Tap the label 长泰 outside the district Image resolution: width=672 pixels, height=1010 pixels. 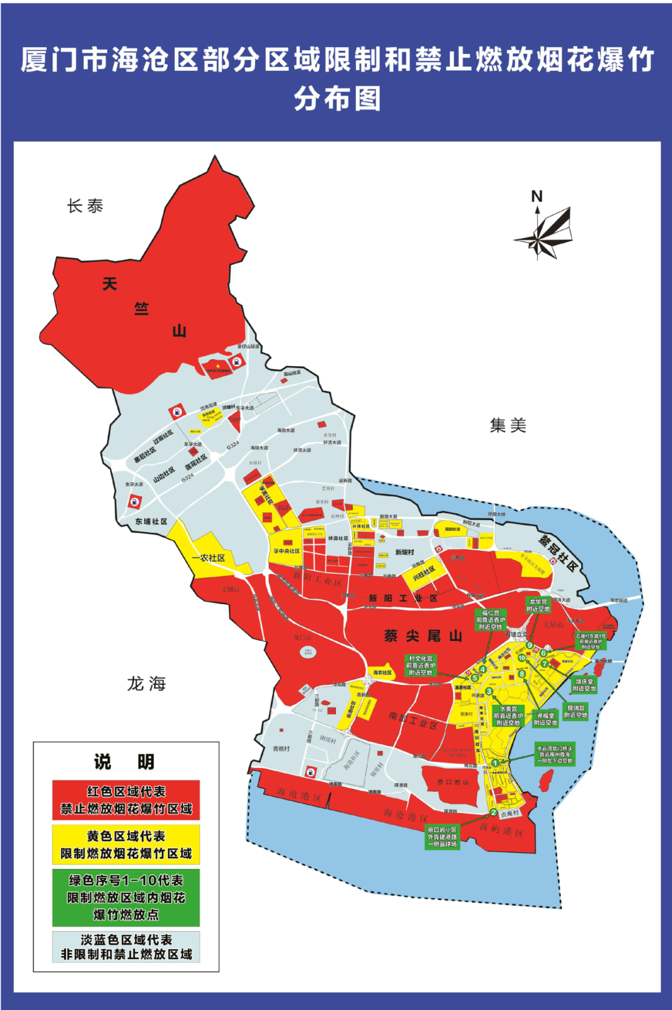click(85, 206)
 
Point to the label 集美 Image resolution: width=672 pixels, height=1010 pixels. click(508, 426)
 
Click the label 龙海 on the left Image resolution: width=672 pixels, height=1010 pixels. click(147, 684)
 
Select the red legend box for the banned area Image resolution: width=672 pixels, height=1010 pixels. click(126, 801)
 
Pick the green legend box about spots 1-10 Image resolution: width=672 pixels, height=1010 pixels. click(126, 898)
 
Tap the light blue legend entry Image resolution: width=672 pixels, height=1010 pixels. click(126, 947)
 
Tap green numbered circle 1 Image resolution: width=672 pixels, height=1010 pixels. click(495, 763)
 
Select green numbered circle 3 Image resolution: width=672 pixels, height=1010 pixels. click(490, 691)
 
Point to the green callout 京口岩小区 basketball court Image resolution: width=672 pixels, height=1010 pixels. click(442, 837)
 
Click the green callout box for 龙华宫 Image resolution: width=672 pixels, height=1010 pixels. click(538, 605)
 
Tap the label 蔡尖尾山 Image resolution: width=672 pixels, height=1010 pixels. click(423, 636)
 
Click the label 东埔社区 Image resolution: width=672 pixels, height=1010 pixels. click(151, 521)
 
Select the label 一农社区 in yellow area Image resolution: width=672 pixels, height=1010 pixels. click(208, 558)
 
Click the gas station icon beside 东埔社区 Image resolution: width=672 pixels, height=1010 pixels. click(134, 502)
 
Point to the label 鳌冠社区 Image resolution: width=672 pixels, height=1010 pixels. click(559, 553)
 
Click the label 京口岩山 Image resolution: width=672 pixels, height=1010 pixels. click(452, 782)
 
